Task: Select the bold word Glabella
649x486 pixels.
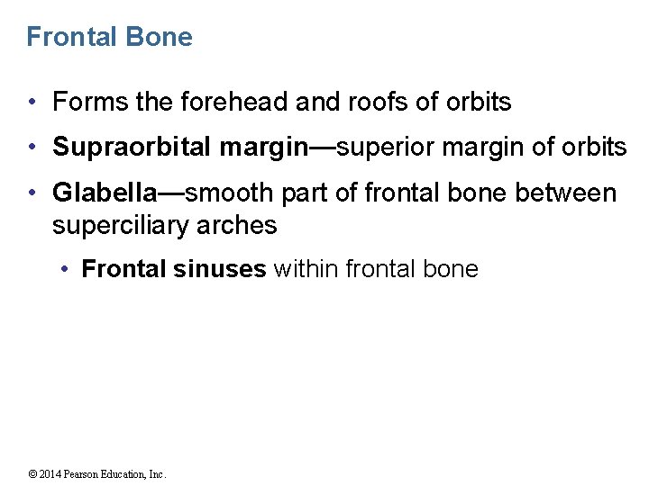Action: [104, 193]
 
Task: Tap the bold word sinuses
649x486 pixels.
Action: [224, 269]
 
